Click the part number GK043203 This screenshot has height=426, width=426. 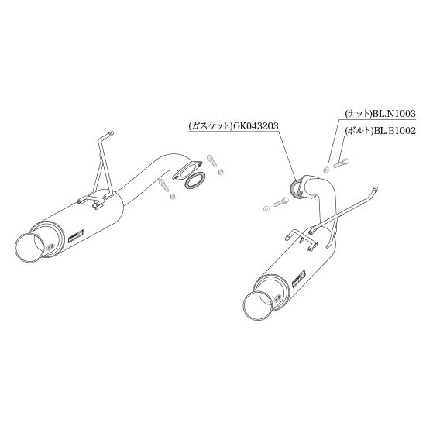(x=255, y=125)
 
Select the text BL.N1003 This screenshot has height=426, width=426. (x=394, y=113)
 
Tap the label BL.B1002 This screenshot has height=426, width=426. (x=394, y=131)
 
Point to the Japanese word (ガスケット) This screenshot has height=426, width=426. (x=209, y=126)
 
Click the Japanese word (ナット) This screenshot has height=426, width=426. (x=359, y=114)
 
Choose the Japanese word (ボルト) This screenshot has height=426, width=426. (x=359, y=131)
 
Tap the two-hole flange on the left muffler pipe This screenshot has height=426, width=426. (x=187, y=170)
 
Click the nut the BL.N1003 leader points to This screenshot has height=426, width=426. (x=327, y=170)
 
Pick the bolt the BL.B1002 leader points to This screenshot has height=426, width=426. (x=341, y=163)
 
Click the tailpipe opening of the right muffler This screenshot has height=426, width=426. (x=257, y=307)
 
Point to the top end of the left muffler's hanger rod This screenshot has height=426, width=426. (x=111, y=134)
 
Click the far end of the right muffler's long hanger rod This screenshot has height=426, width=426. (x=375, y=188)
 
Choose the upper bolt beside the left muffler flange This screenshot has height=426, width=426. (x=212, y=160)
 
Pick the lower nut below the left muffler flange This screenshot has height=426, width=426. (x=172, y=196)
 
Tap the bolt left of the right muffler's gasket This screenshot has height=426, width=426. (x=280, y=202)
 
